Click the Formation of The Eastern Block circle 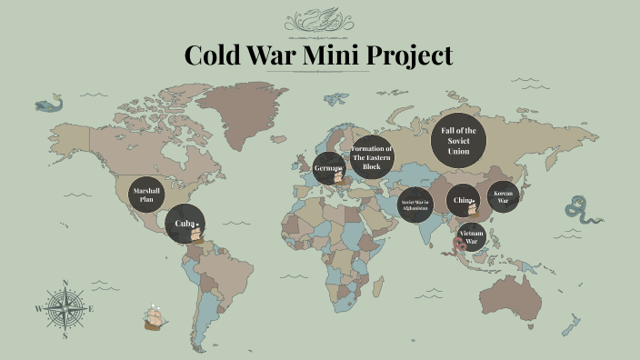(372, 157)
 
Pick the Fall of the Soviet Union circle (458, 140)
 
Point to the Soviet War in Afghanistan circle (415, 203)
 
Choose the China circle (462, 200)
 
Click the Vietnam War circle (472, 236)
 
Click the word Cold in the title (215, 55)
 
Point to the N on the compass (65, 283)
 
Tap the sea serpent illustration (580, 210)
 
